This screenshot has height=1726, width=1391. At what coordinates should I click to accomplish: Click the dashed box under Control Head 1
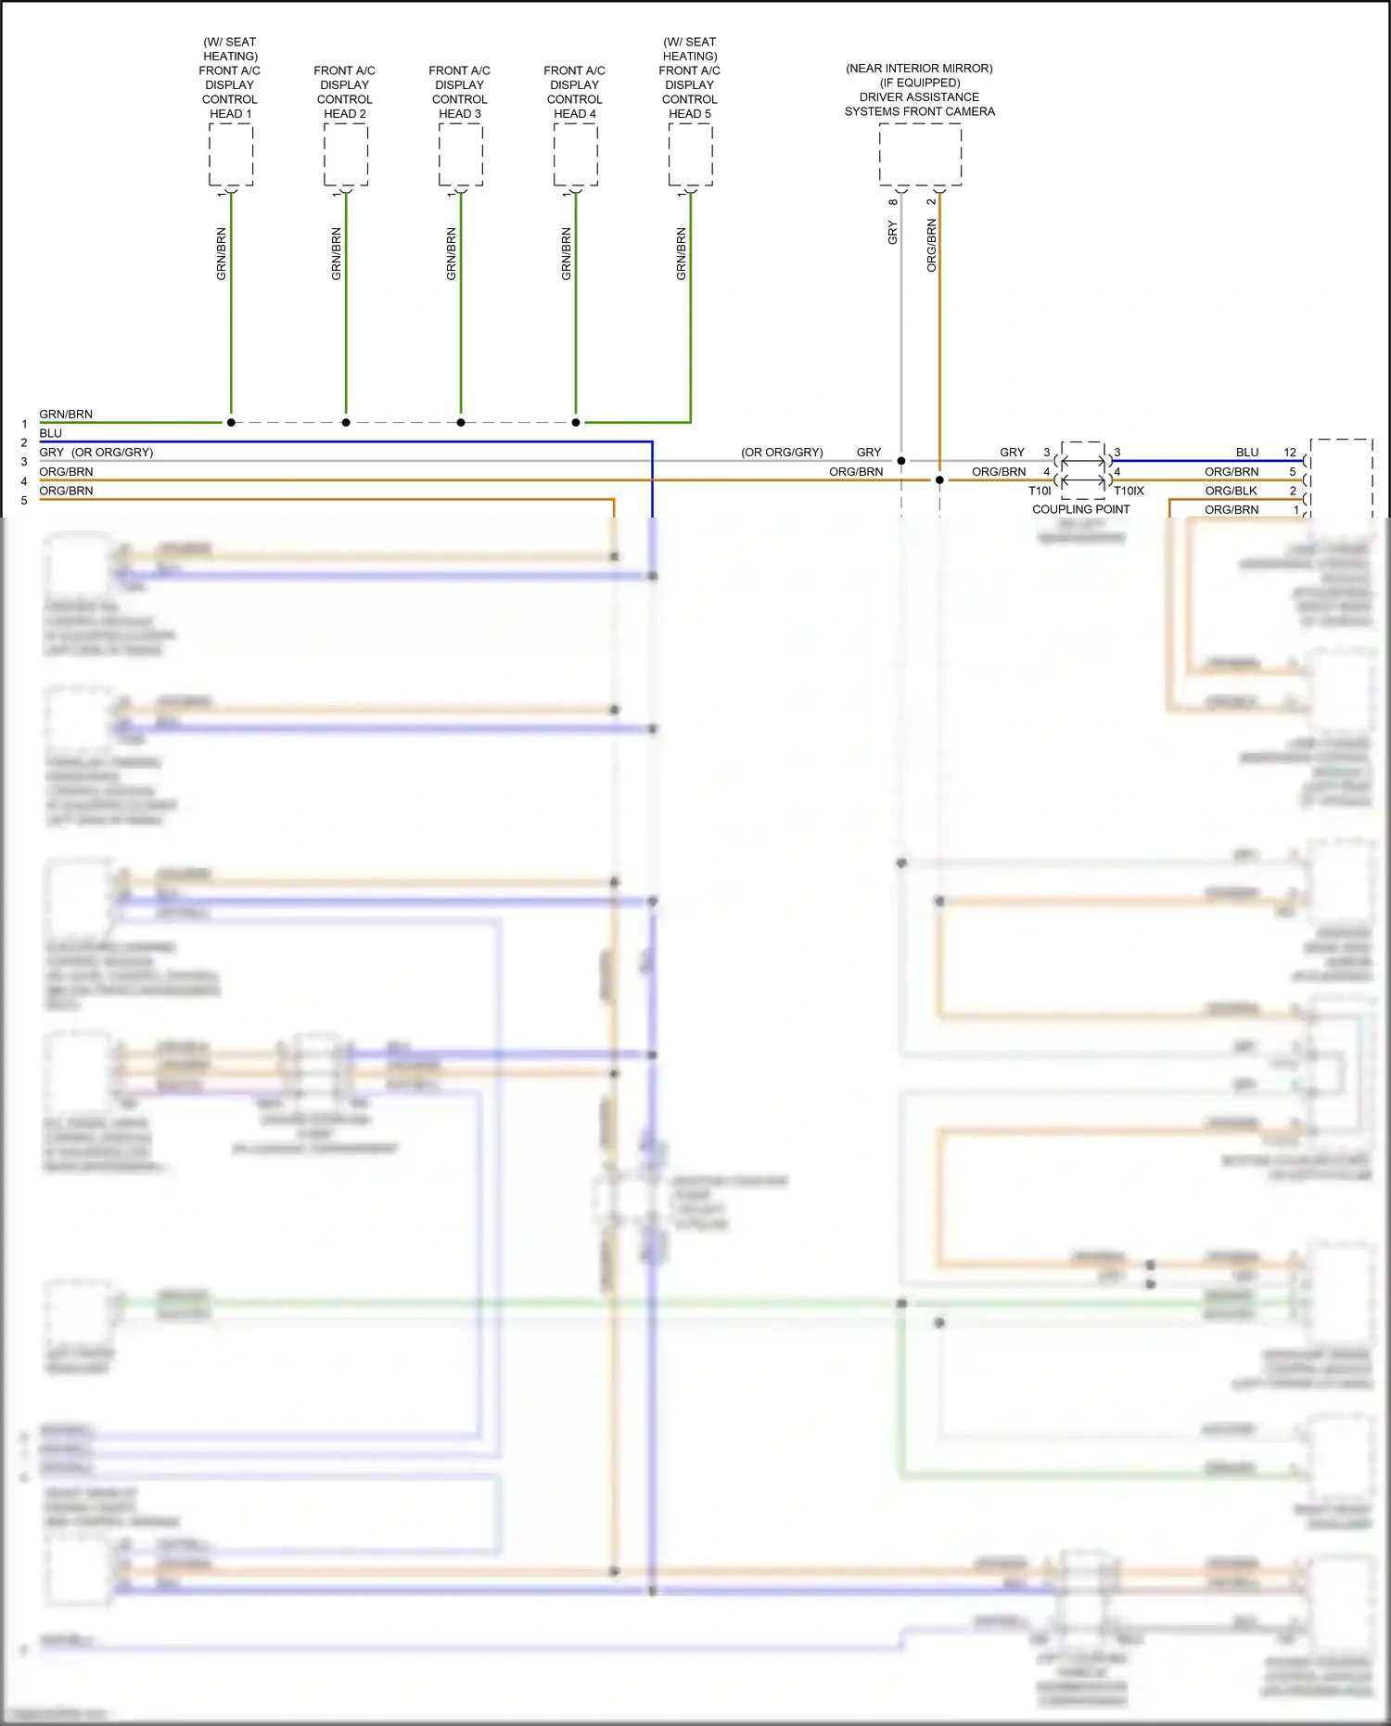tap(231, 154)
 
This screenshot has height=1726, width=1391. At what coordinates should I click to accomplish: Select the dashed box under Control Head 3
tap(461, 154)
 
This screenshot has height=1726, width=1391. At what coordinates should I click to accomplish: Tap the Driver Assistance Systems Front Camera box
tap(920, 154)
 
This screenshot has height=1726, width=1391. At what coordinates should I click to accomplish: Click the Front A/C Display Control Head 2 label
tap(345, 92)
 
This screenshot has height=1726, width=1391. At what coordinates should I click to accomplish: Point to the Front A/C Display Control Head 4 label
tap(575, 92)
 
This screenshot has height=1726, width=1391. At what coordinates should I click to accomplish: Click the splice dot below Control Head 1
tap(231, 422)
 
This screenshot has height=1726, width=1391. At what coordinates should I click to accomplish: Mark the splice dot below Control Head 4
tap(576, 422)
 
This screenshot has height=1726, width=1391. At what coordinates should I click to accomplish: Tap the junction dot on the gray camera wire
tap(901, 460)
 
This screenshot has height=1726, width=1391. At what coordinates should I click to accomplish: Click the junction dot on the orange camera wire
tap(939, 479)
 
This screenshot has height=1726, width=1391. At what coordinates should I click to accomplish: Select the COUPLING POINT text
tap(1080, 509)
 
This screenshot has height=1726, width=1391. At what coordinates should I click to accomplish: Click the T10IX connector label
tap(1129, 491)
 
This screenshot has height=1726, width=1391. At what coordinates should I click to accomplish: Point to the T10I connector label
tap(1040, 491)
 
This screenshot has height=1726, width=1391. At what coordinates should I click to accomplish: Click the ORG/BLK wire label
tap(1231, 491)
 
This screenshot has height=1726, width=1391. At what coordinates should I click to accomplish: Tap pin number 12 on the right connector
tap(1289, 453)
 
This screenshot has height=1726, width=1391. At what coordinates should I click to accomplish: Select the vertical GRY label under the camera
tap(893, 232)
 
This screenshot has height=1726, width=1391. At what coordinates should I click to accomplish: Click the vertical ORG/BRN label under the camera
tap(932, 245)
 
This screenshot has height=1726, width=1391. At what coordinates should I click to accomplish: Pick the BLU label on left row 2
tap(51, 433)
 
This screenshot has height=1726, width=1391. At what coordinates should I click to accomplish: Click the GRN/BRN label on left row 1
tap(66, 414)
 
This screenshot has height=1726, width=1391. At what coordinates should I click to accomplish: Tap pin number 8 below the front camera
tap(893, 202)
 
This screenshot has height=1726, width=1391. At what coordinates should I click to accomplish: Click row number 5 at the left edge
tap(24, 501)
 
